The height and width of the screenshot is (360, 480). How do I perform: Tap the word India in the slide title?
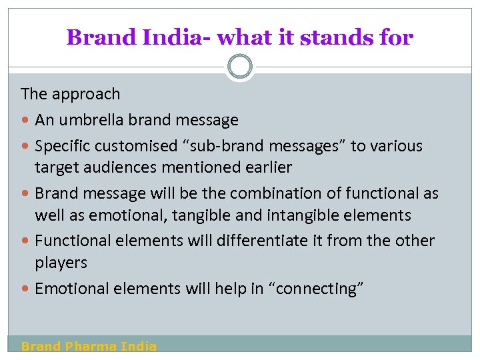pyautogui.click(x=168, y=37)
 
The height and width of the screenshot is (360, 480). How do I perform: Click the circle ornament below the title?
pyautogui.click(x=240, y=67)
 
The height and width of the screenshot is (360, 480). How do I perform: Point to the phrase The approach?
pyautogui.click(x=71, y=94)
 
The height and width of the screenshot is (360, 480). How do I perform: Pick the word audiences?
pyautogui.click(x=116, y=167)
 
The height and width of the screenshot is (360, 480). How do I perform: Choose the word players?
pyautogui.click(x=61, y=263)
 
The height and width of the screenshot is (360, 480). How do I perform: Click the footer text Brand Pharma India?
pyautogui.click(x=89, y=346)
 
